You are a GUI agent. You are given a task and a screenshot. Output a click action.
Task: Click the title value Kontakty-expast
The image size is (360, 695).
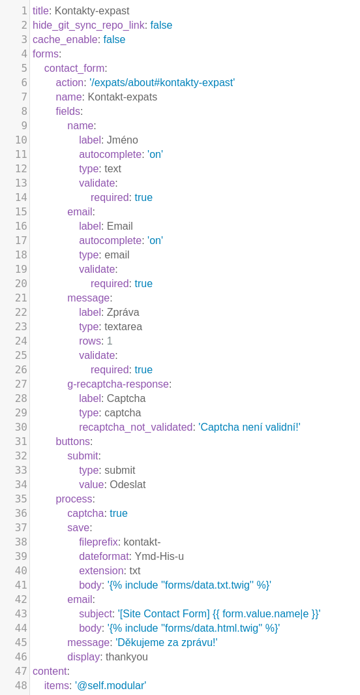[92, 10]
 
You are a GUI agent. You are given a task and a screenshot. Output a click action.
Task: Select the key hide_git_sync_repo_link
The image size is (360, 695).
[89, 25]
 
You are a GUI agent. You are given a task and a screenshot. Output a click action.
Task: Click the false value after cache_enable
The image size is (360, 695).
[114, 39]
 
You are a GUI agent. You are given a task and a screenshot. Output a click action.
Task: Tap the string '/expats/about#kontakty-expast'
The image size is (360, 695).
[162, 82]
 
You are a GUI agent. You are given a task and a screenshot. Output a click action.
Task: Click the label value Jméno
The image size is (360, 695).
[122, 140]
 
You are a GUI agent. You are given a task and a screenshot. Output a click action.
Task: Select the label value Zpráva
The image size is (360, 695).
[123, 312]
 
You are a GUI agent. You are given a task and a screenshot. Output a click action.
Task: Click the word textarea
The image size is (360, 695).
[123, 327]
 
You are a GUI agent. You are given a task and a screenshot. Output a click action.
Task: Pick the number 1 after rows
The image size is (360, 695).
[110, 341]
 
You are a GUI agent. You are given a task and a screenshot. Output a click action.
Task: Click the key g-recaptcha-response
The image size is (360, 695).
[118, 384]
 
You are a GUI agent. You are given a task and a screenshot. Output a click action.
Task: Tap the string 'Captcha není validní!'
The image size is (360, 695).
[249, 427]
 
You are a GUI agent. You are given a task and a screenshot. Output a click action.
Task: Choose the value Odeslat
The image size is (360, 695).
[128, 484]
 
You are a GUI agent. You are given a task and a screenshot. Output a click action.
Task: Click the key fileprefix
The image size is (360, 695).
[98, 542]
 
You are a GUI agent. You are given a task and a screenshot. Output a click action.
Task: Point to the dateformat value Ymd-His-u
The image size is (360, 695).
[159, 556]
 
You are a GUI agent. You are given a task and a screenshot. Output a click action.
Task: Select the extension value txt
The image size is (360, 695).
[134, 570]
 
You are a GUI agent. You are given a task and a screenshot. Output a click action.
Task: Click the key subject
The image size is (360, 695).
[95, 613]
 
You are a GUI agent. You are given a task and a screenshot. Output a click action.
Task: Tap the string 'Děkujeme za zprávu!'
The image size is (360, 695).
[166, 642]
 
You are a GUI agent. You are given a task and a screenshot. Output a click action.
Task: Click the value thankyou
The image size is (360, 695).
[127, 656]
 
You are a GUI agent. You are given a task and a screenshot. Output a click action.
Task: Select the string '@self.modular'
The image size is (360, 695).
[110, 685]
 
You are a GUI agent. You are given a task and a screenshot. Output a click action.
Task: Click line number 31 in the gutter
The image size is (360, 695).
[22, 441]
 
